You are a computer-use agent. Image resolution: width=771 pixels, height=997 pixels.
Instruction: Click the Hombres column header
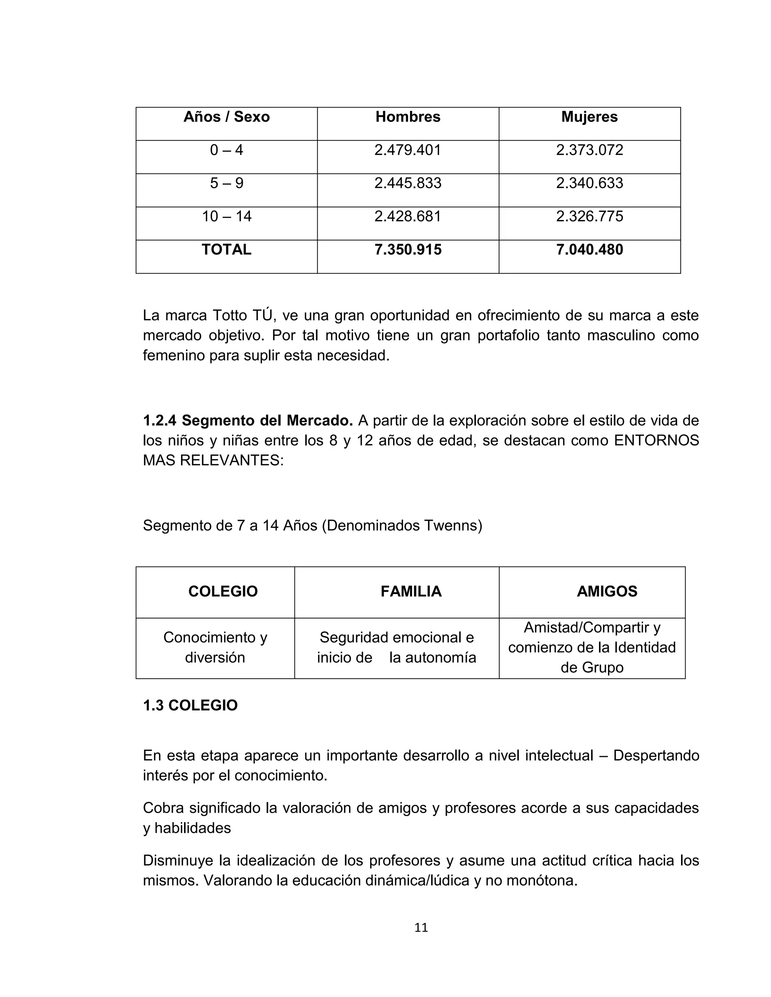tap(407, 117)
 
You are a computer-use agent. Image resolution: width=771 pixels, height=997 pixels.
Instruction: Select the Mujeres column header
tap(589, 117)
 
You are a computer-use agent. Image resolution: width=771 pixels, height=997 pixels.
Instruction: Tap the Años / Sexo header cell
tap(227, 117)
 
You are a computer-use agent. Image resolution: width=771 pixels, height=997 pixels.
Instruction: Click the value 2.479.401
tap(407, 150)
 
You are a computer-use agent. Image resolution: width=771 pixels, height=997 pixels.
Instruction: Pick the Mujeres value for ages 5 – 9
tap(589, 183)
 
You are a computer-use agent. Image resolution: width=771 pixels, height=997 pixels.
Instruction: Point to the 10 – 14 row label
tap(227, 216)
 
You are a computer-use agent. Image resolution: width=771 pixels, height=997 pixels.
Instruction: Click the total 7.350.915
tap(407, 250)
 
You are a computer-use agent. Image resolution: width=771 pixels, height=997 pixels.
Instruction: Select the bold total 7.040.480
tap(589, 250)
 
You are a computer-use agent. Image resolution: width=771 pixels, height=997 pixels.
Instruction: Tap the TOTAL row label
tap(227, 250)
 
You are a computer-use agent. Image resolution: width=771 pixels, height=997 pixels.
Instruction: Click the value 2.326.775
tap(589, 216)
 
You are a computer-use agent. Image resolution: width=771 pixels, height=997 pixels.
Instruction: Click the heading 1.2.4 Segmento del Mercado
tap(248, 421)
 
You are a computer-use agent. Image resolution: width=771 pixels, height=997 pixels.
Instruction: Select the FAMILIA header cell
tap(411, 592)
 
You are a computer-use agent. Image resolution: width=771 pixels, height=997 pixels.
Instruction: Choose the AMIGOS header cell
tap(606, 592)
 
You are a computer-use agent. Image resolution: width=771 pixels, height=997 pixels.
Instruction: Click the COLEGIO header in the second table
tap(223, 592)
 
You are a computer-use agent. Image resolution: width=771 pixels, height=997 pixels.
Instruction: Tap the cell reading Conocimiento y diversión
tap(215, 647)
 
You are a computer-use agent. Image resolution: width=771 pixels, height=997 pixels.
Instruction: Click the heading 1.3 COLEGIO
tap(190, 705)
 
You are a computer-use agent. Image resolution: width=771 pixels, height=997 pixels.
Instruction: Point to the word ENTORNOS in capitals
tap(656, 441)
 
